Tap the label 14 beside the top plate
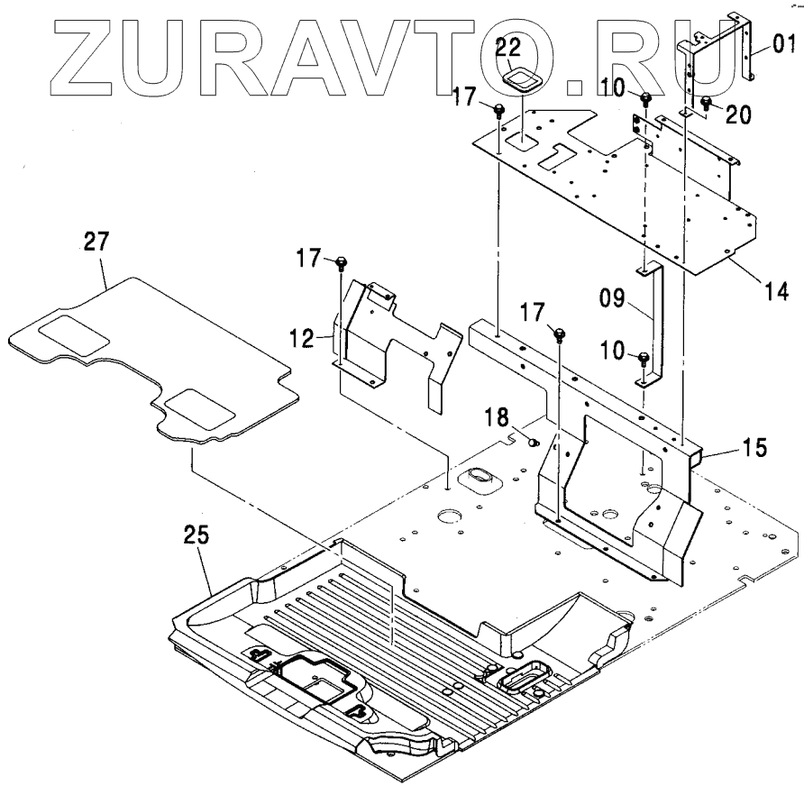click(x=776, y=291)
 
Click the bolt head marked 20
click(x=707, y=101)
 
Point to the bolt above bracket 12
click(x=342, y=264)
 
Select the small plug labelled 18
click(x=531, y=441)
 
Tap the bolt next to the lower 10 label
click(x=643, y=359)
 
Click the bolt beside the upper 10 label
click(x=646, y=97)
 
